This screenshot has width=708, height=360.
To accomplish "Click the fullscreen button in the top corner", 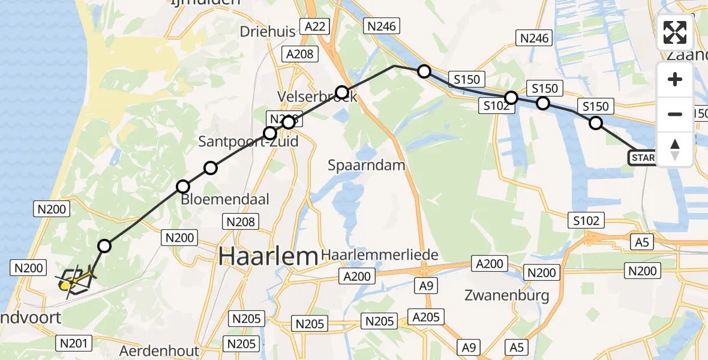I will [x=675, y=32].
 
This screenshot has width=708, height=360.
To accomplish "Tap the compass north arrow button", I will [x=675, y=149].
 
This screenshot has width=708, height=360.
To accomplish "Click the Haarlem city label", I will [x=268, y=257].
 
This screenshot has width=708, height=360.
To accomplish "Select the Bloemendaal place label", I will [x=225, y=199].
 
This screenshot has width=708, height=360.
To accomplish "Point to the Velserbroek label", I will [x=317, y=97].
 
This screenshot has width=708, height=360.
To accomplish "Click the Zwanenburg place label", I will [x=507, y=295].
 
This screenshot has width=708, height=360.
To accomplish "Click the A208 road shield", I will [x=299, y=54].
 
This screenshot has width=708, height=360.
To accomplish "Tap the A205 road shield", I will [x=425, y=317].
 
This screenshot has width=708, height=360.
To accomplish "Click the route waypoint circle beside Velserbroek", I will [x=341, y=92].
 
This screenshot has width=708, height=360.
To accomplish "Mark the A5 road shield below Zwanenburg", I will [x=516, y=346].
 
